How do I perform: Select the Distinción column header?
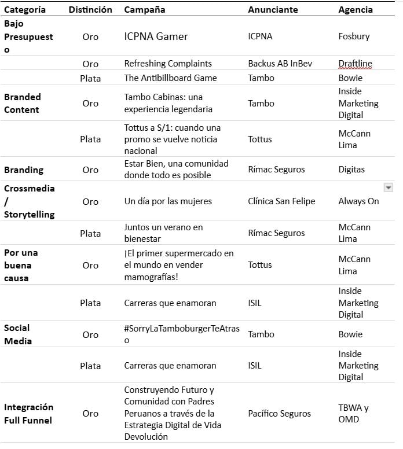click(90, 9)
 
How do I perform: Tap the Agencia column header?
click(356, 9)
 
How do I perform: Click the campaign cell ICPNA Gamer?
click(156, 36)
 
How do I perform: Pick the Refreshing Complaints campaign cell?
click(168, 64)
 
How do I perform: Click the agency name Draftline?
click(355, 64)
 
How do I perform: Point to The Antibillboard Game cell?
click(170, 78)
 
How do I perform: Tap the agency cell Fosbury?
click(354, 36)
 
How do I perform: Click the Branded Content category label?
click(22, 103)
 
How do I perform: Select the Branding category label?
click(24, 170)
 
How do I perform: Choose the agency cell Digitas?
click(351, 170)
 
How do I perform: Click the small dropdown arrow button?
click(389, 187)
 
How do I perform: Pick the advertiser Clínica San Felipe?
click(281, 201)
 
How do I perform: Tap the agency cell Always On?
click(358, 201)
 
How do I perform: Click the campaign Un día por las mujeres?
click(168, 201)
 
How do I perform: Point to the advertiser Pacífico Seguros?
click(279, 413)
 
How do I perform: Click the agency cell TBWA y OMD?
click(353, 413)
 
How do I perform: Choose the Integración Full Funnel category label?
click(28, 413)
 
